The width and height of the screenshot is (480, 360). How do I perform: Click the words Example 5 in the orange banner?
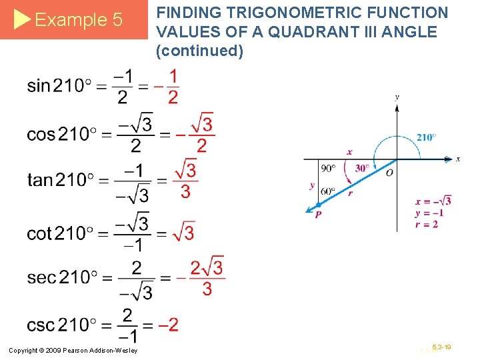pos(78,20)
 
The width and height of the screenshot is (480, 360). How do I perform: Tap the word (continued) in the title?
pos(199,51)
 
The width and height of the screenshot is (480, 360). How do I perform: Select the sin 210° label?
pos(63,86)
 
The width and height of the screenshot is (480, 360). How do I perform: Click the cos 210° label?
pos(63,134)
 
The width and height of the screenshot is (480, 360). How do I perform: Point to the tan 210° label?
pos(63,181)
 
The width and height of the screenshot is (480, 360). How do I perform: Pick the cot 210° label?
pos(63,233)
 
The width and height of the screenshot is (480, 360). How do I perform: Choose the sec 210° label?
pos(63,277)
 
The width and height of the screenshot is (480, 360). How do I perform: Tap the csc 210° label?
pos(63,325)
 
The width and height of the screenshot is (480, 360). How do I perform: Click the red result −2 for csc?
pos(170,325)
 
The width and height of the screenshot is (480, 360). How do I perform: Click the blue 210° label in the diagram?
pos(427,137)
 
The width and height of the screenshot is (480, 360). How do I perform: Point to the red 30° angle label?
pos(363,168)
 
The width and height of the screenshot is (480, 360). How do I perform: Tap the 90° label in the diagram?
pos(328,168)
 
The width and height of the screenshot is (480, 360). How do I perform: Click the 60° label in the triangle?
pos(327,191)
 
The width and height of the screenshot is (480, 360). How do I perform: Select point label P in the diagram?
pos(318,214)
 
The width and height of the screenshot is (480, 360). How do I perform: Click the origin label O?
pos(389,173)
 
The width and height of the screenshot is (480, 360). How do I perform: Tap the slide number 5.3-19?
pos(441,347)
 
